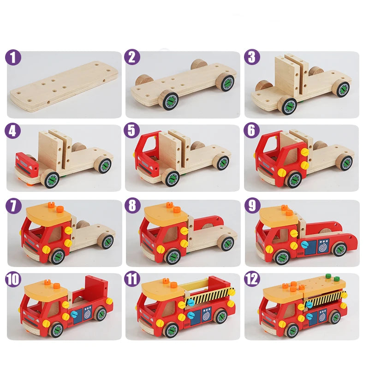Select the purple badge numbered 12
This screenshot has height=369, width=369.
pyautogui.click(x=252, y=279)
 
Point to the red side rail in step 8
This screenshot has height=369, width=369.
pyautogui.click(x=212, y=226)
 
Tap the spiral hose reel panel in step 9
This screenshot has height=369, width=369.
pyautogui.click(x=321, y=246)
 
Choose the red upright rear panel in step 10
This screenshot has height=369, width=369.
pyautogui.click(x=95, y=288)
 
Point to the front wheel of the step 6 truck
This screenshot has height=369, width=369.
pyautogui.click(x=293, y=179)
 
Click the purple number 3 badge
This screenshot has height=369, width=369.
pyautogui.click(x=252, y=58)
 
